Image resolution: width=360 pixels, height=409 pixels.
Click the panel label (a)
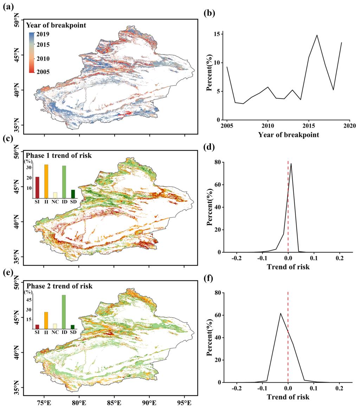click(x=8, y=6)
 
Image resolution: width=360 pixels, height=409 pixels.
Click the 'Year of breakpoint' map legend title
click(x=56, y=25)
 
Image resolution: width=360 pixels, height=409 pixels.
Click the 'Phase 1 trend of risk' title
click(x=58, y=156)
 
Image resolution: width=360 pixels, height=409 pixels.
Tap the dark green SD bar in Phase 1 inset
click(x=73, y=194)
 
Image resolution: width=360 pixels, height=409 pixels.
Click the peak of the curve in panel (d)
click(x=291, y=163)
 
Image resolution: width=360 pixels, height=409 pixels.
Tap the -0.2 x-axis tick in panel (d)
click(x=237, y=258)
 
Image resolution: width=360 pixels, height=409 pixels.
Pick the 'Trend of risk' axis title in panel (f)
click(x=288, y=397)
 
